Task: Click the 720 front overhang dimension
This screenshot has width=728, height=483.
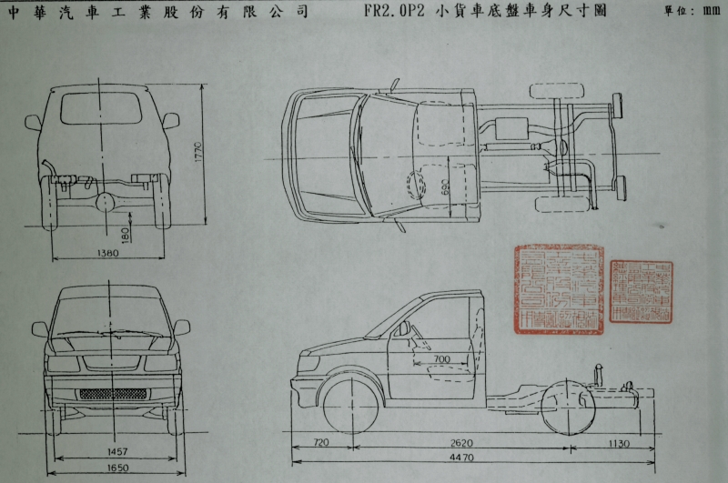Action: pos(320,443)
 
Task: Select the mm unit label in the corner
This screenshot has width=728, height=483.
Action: pos(713,13)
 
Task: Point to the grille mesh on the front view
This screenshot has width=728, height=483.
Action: pos(113,394)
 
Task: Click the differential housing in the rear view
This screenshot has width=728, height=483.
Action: pos(108,199)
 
